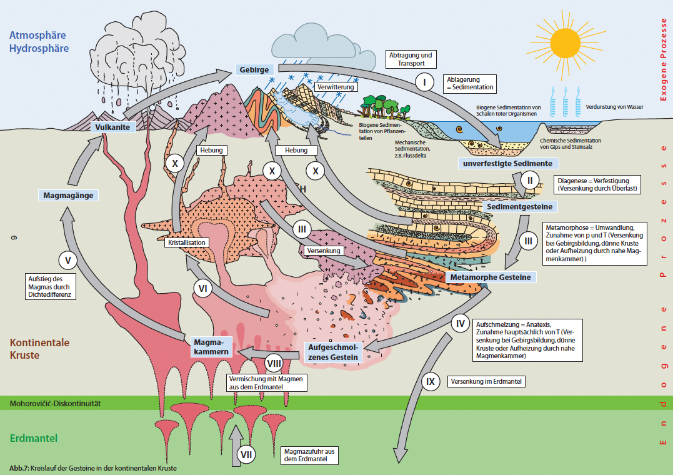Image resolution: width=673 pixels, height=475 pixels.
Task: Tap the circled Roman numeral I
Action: [425, 82]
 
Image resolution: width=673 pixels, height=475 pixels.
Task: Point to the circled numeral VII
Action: [246, 455]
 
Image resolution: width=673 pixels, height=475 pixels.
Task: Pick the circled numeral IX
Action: [429, 381]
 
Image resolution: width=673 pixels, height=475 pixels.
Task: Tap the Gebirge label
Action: [254, 70]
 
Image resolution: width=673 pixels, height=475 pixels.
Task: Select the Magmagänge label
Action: [68, 195]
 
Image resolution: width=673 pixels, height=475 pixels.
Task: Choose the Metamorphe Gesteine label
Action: [490, 277]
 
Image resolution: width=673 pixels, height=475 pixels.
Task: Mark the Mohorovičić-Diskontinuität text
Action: [56, 404]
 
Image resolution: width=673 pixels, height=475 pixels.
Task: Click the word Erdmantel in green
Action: [34, 438]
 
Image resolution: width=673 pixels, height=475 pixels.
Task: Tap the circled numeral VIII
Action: [274, 362]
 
